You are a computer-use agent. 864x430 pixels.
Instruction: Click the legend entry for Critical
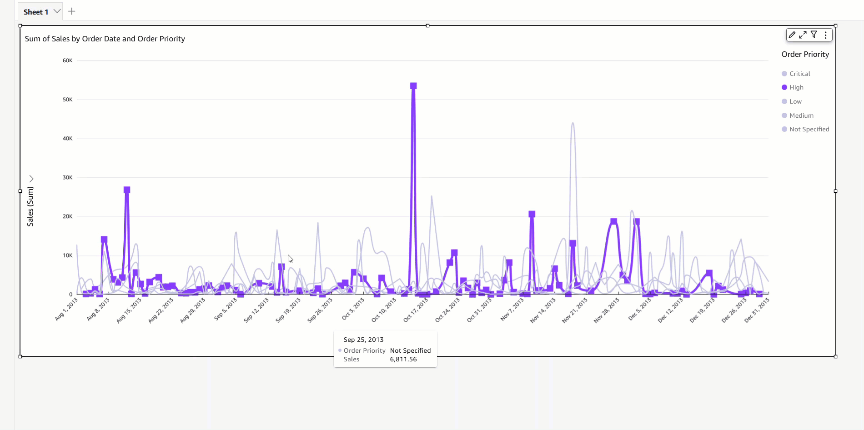(799, 74)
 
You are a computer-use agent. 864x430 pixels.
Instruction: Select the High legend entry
(796, 87)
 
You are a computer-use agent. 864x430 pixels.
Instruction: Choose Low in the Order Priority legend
(795, 101)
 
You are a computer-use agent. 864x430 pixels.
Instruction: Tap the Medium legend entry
(801, 115)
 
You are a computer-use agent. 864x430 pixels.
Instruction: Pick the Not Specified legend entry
(809, 129)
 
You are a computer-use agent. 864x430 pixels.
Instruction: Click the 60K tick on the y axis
(67, 60)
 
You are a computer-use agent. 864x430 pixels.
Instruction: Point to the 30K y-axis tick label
(67, 177)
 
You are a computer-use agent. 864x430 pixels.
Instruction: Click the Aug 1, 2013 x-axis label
(66, 310)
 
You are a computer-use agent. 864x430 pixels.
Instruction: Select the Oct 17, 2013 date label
(416, 310)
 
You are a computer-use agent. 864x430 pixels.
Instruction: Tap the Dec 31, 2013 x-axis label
(757, 310)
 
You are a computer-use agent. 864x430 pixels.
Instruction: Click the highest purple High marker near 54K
(413, 86)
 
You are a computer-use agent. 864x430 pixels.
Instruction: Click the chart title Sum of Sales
(105, 39)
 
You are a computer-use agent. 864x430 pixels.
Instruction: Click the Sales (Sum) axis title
(30, 206)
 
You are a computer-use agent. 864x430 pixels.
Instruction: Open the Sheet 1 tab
(36, 12)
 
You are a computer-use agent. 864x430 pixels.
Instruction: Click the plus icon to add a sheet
(71, 11)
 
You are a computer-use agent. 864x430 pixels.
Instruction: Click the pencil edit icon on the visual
(792, 35)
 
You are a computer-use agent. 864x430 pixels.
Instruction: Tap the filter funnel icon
(814, 35)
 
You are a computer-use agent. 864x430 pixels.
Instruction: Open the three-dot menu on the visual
(825, 35)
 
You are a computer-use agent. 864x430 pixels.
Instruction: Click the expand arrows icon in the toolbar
(803, 35)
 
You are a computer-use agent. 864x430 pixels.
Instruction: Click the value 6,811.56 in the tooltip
(403, 359)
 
